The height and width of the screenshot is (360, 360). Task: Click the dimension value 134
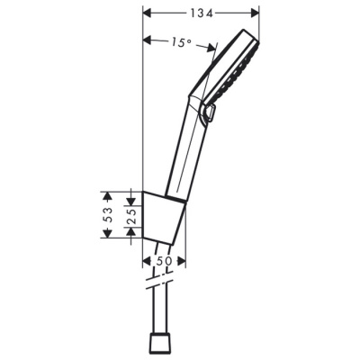(201, 12)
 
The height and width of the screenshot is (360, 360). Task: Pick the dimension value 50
(166, 261)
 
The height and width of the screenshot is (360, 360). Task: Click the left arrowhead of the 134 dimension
(148, 13)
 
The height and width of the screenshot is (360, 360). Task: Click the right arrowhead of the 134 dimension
(255, 13)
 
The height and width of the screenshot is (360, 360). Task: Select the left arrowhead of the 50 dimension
(148, 261)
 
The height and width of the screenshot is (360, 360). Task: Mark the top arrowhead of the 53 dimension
(108, 193)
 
